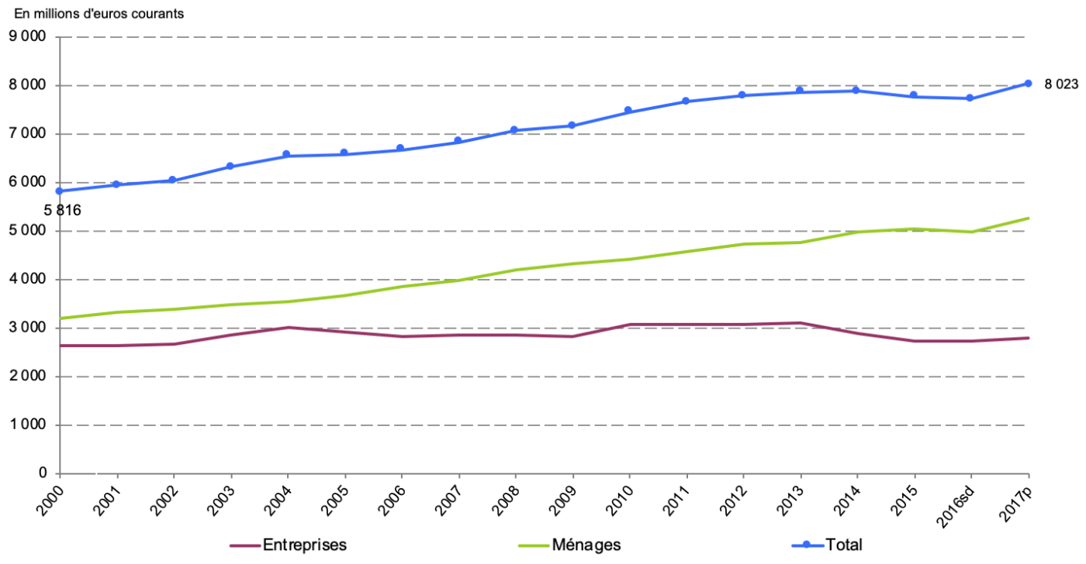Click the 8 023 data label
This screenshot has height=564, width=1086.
[x=1060, y=85]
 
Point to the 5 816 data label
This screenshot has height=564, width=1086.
[x=63, y=210]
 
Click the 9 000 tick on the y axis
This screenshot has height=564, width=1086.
[x=27, y=36]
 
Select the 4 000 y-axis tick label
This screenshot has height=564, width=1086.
[x=27, y=280]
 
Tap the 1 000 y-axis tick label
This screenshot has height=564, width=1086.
[x=27, y=425]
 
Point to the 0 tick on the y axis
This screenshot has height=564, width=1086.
[x=43, y=473]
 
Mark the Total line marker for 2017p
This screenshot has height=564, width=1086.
[x=1028, y=84]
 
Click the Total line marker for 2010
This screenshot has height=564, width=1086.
[x=628, y=110]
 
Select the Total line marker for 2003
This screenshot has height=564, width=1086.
[x=230, y=167]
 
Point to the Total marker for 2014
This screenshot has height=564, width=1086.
[x=856, y=91]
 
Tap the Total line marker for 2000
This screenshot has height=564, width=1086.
[x=59, y=191]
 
